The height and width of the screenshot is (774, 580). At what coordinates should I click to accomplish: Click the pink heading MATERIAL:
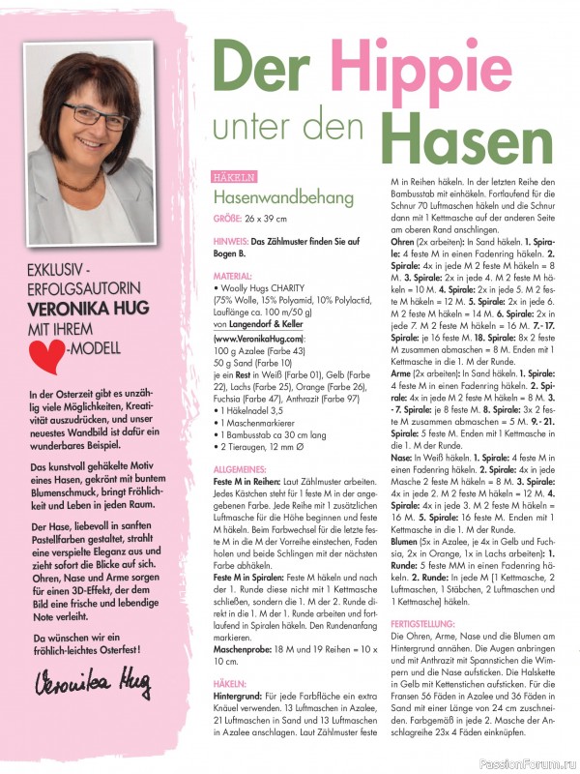point(233,277)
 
